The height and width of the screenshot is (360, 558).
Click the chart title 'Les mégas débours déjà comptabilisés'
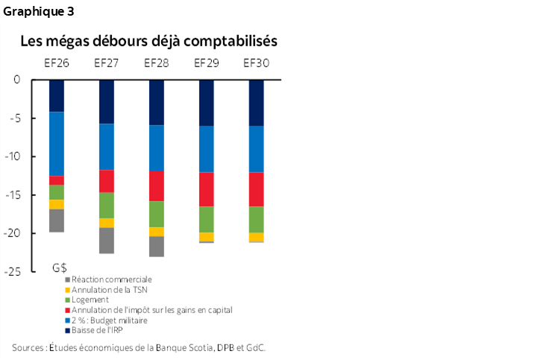pyautogui.click(x=149, y=40)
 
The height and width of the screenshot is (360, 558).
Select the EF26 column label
pyautogui.click(x=57, y=63)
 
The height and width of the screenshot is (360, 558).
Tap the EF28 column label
pyautogui.click(x=157, y=63)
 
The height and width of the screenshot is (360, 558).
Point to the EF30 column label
pyautogui.click(x=256, y=63)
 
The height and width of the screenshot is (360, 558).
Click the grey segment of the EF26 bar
pyautogui.click(x=57, y=221)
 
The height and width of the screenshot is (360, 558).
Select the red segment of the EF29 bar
pyautogui.click(x=207, y=189)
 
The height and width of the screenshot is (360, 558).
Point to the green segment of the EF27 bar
pyautogui.click(x=107, y=205)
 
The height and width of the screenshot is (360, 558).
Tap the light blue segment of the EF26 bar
pyautogui.click(x=57, y=143)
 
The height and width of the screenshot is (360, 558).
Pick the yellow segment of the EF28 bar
pyautogui.click(x=157, y=232)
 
